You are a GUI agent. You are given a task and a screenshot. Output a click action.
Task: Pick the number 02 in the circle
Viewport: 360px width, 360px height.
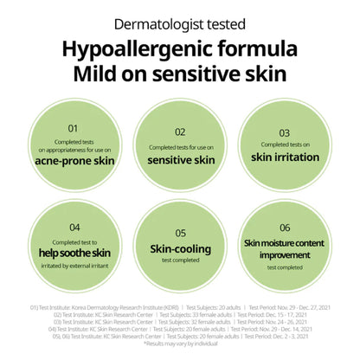pyautogui.click(x=180, y=132)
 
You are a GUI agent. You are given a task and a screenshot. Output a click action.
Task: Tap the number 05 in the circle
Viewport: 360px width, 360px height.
pyautogui.click(x=180, y=232)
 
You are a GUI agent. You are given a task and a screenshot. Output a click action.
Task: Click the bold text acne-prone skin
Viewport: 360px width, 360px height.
pyautogui.click(x=74, y=161)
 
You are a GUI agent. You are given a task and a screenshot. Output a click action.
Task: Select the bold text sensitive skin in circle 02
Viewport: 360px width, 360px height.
pyautogui.click(x=180, y=160)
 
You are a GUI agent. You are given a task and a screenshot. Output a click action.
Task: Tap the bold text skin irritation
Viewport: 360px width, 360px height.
pyautogui.click(x=286, y=157)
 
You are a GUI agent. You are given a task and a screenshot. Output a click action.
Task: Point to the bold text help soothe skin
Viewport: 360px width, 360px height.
pyautogui.click(x=74, y=252)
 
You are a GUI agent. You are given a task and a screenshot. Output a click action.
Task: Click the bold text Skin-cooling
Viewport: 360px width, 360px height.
pyautogui.click(x=180, y=248)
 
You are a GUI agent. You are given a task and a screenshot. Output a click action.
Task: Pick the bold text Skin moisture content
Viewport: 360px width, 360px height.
pyautogui.click(x=286, y=243)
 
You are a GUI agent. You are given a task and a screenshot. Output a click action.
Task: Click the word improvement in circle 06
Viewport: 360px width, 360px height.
pyautogui.click(x=286, y=254)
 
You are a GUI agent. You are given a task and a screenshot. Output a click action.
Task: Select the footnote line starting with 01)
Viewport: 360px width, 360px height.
pyautogui.click(x=180, y=306)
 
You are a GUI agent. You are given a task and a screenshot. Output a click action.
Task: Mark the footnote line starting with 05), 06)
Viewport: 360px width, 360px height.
pyautogui.click(x=180, y=337)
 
